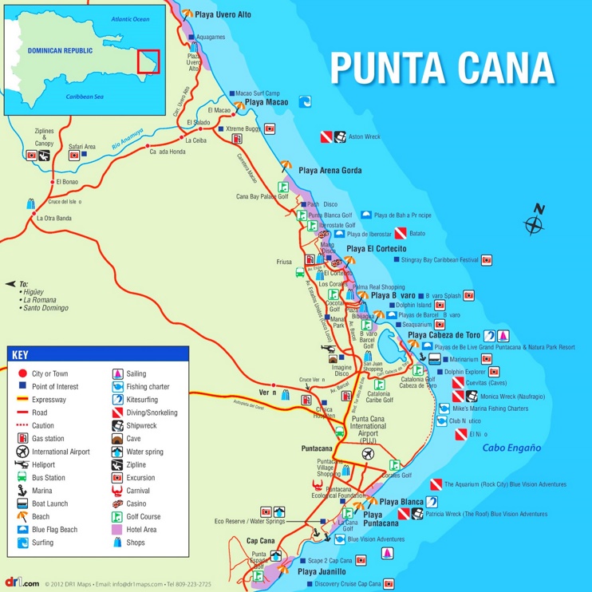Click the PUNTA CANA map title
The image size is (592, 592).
click(442, 68)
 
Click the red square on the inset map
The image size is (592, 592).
click(148, 62)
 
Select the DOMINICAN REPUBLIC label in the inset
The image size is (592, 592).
click(60, 50)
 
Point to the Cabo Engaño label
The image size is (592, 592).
click(511, 448)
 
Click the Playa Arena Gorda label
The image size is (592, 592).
click(330, 171)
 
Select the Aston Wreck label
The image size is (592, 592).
click(365, 136)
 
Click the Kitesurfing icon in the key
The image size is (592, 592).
click(117, 400)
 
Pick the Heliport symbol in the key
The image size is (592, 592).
click(22, 464)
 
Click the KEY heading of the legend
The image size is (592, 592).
click(21, 354)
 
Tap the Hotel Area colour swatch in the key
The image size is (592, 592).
click(117, 529)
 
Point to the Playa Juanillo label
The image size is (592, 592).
click(322, 572)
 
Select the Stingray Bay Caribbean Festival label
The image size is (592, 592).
click(439, 260)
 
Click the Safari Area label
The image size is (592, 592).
click(81, 147)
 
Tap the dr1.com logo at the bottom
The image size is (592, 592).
click(21, 583)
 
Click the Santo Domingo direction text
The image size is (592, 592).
click(45, 308)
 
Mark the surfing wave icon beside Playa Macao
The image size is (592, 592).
click(304, 102)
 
